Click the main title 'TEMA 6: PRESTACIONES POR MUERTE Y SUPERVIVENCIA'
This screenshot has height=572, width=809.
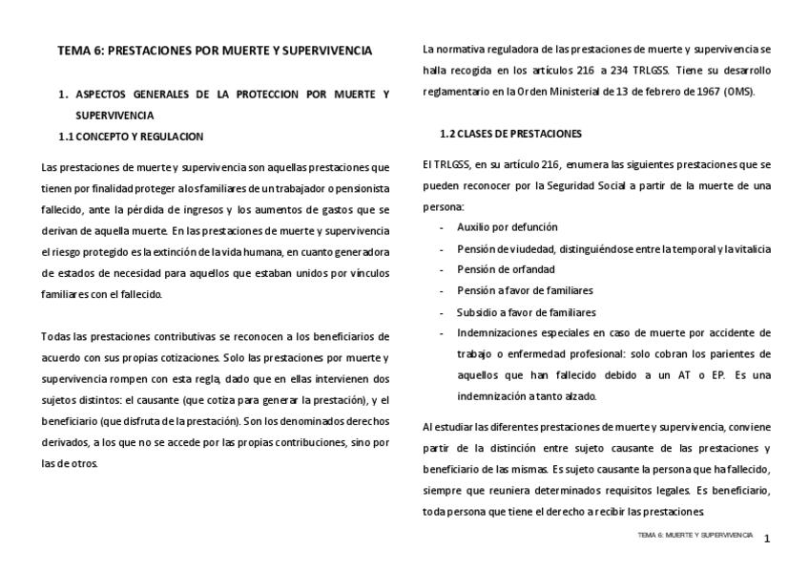(x=214, y=50)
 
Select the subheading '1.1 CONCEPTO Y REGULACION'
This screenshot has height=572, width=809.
(x=130, y=137)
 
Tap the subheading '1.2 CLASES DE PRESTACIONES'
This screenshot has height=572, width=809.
(x=510, y=133)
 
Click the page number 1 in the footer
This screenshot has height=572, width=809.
(x=766, y=540)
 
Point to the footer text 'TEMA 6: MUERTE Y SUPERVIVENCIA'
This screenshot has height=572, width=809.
(x=695, y=536)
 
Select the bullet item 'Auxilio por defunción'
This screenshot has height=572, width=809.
(x=508, y=227)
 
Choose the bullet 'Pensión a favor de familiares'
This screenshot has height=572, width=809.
(x=525, y=290)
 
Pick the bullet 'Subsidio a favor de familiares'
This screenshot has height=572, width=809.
(x=527, y=312)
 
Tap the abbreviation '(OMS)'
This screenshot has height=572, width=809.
(x=738, y=93)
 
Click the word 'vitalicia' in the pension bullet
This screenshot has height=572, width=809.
(x=750, y=248)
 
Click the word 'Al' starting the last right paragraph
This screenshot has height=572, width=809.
(x=427, y=426)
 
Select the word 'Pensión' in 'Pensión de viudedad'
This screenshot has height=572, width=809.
(x=476, y=248)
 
